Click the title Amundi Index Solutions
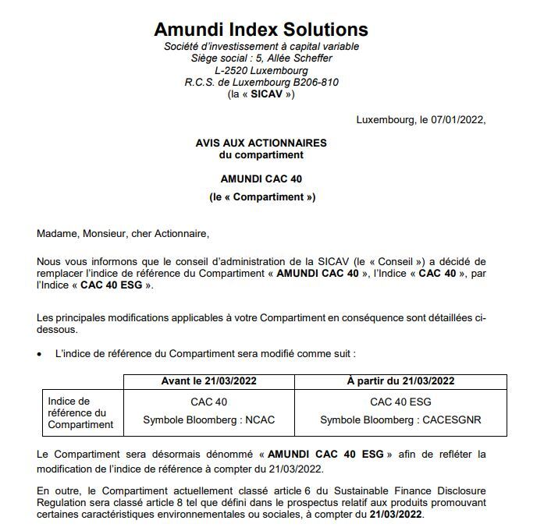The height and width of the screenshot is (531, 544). coord(261,30)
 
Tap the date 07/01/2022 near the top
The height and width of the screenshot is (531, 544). coord(456,119)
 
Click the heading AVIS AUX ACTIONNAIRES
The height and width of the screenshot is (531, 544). coord(261,143)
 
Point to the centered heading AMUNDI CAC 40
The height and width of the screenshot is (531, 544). coord(261,179)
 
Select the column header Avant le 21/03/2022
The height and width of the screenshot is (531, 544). coord(208,381)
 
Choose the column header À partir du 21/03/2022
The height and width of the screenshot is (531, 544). coord(400,381)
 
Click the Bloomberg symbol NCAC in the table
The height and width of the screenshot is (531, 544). coord(260,419)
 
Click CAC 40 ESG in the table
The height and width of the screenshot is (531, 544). coord(400,402)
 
